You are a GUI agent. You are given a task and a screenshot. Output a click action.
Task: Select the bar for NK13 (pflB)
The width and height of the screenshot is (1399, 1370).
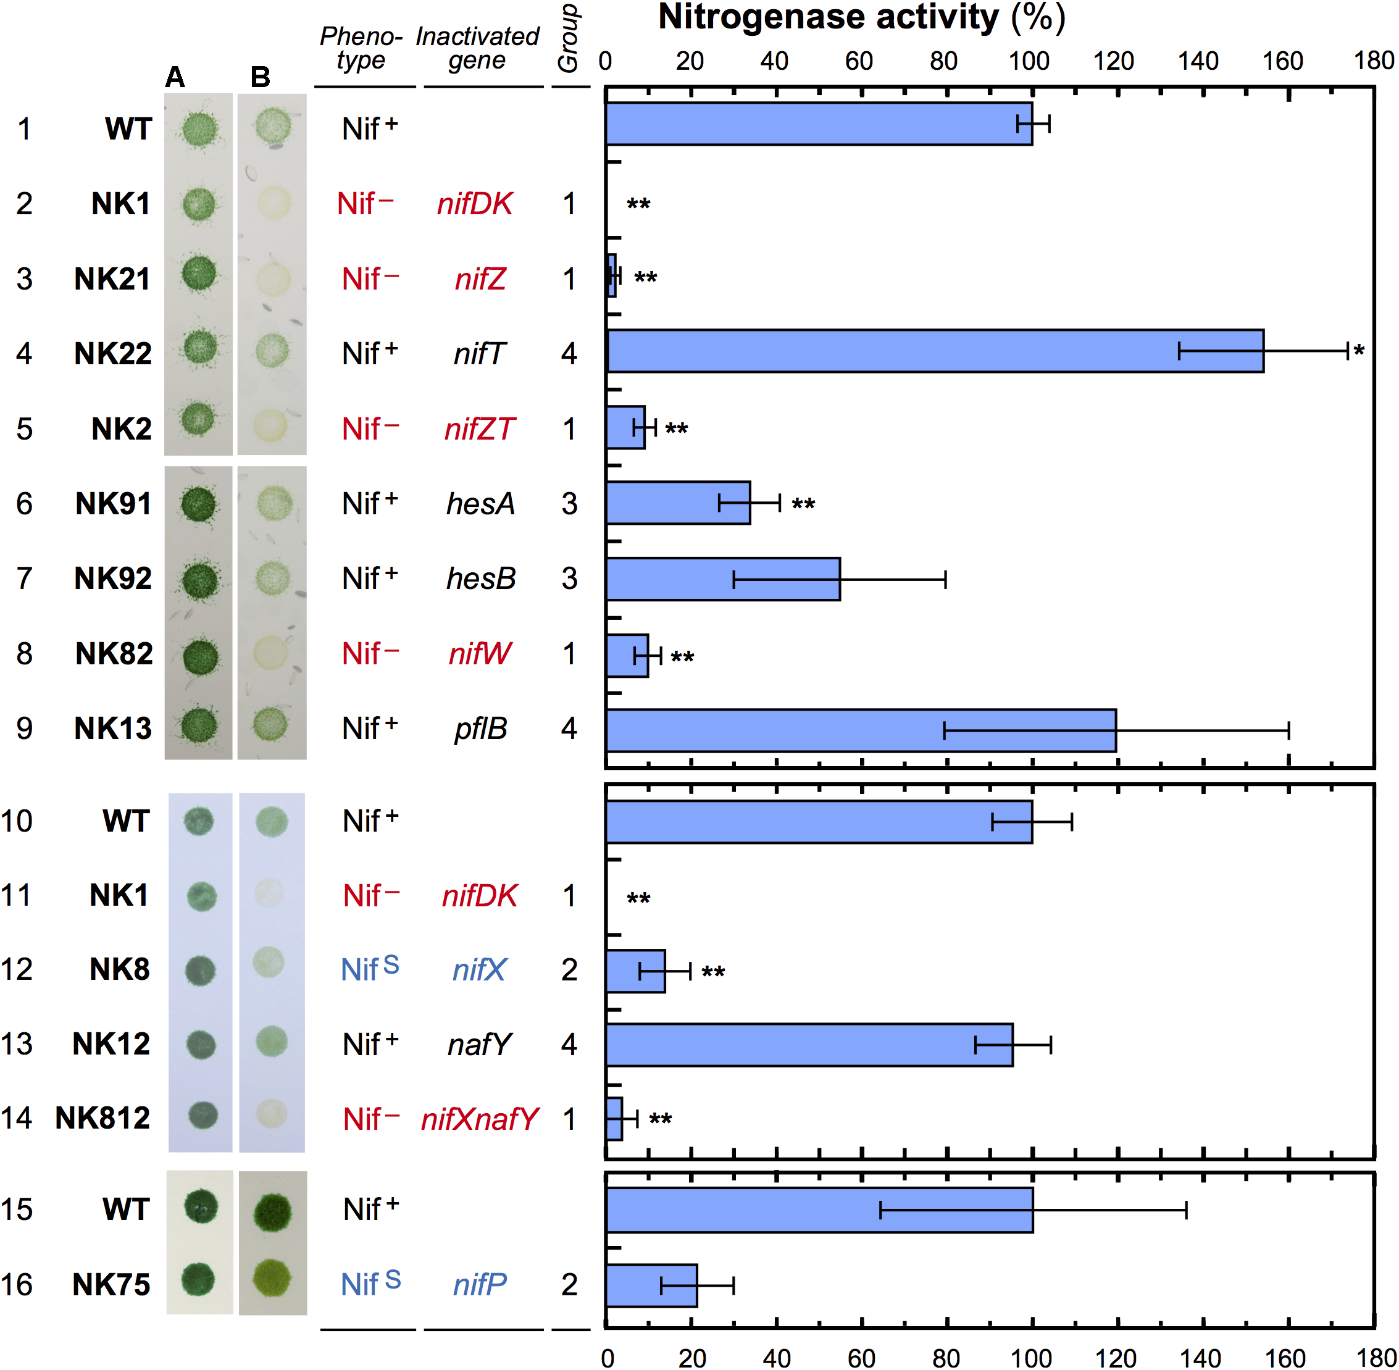(x=860, y=730)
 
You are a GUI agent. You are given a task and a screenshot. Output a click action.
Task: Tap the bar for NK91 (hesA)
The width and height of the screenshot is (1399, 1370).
(x=678, y=503)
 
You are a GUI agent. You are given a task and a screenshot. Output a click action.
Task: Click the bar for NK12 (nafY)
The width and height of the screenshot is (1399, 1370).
(x=809, y=1044)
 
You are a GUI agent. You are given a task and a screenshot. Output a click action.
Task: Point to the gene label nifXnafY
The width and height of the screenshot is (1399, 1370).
(x=480, y=1119)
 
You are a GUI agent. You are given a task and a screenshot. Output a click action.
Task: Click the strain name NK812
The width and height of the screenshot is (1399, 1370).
(x=103, y=1118)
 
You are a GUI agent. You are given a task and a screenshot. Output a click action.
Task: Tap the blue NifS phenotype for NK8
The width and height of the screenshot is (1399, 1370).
(x=370, y=969)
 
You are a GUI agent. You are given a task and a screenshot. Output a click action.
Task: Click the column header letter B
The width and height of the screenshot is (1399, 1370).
(x=261, y=77)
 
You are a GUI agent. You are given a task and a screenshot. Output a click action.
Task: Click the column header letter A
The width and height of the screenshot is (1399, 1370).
(x=175, y=77)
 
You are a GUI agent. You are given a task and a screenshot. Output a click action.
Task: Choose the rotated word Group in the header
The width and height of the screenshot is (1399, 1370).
(x=569, y=40)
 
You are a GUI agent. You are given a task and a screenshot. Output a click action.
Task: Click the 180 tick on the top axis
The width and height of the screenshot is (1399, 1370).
(x=1373, y=61)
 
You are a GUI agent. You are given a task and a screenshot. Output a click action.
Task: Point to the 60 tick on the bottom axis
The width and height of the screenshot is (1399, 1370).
(x=861, y=1357)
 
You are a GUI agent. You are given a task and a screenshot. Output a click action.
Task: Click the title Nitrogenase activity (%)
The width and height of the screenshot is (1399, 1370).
(x=861, y=17)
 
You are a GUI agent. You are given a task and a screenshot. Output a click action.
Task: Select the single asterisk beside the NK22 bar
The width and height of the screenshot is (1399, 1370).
(x=1359, y=351)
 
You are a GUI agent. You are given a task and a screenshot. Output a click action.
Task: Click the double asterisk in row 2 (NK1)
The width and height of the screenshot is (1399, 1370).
(x=638, y=205)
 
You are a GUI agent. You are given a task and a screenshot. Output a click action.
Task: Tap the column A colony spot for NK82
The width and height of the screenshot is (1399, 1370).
(x=199, y=655)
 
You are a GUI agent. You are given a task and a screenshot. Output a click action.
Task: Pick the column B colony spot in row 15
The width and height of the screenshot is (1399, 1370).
(x=272, y=1212)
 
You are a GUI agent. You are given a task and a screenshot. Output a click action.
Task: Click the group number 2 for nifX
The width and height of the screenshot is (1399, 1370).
(x=569, y=969)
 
